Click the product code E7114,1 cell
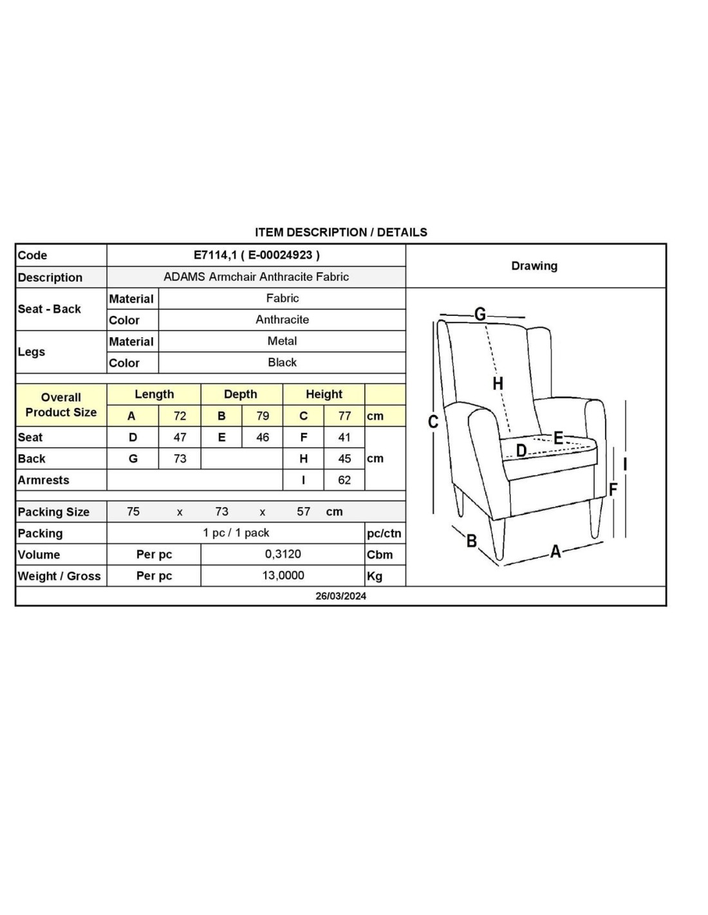coord(256,255)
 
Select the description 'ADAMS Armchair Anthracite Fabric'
coord(256,277)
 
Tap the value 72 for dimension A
coord(180,416)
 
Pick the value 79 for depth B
coord(263,416)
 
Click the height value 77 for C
coord(344,416)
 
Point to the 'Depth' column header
coord(240,394)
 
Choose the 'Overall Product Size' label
coord(61,405)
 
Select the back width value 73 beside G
coord(180,458)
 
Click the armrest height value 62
coord(344,480)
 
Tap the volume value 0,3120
coord(283,554)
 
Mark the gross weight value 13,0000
coord(283,575)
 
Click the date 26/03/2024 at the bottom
coord(340,596)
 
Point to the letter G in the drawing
coord(480,314)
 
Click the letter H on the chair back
coord(498,384)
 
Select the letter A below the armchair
coord(555,551)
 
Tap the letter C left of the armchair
coord(433,422)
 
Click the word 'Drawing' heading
coord(534,266)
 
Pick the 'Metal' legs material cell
coord(282,341)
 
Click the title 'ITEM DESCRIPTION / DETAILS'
coord(340,232)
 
